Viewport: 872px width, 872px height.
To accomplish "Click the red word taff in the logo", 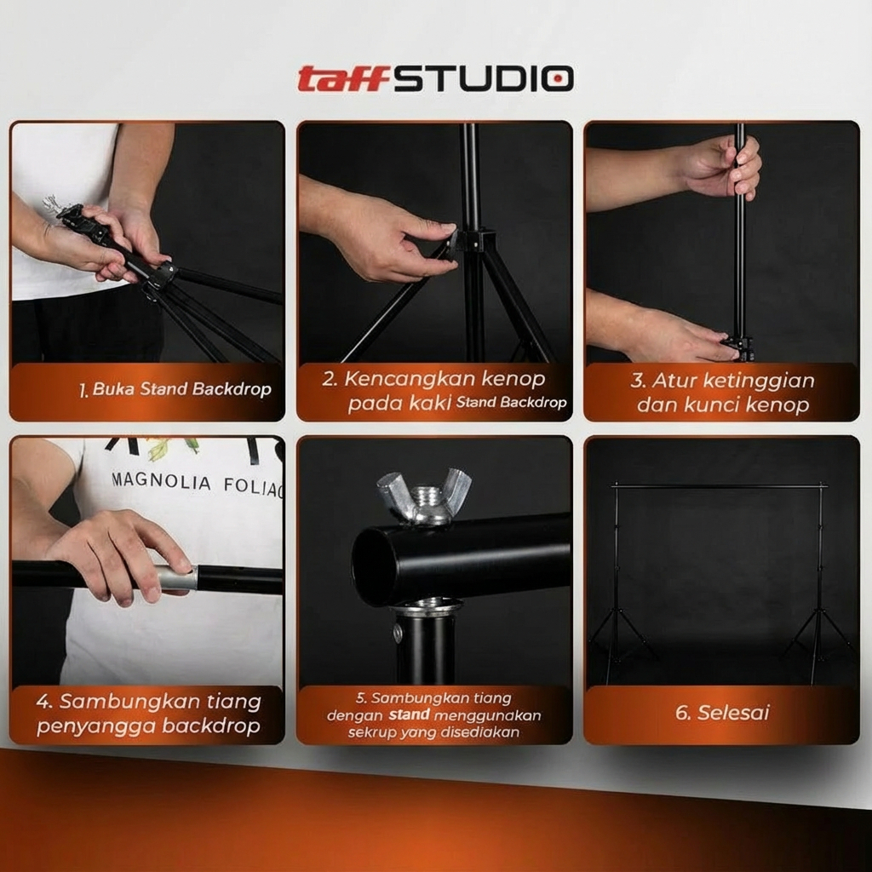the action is coord(342,78).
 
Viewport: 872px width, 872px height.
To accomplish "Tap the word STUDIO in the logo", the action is coord(484,78).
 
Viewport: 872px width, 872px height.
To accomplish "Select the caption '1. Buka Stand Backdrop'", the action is coord(175,389).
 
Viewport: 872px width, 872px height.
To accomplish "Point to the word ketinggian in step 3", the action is coord(759,381).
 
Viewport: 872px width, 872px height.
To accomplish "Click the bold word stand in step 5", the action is coord(410,714).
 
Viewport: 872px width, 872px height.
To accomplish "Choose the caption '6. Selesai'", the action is coord(722,713).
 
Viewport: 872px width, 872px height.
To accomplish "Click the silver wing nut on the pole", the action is coord(424,496).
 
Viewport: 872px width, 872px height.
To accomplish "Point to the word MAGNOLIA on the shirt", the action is coord(161,482).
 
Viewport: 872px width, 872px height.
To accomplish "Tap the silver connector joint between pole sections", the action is coord(175,579).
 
